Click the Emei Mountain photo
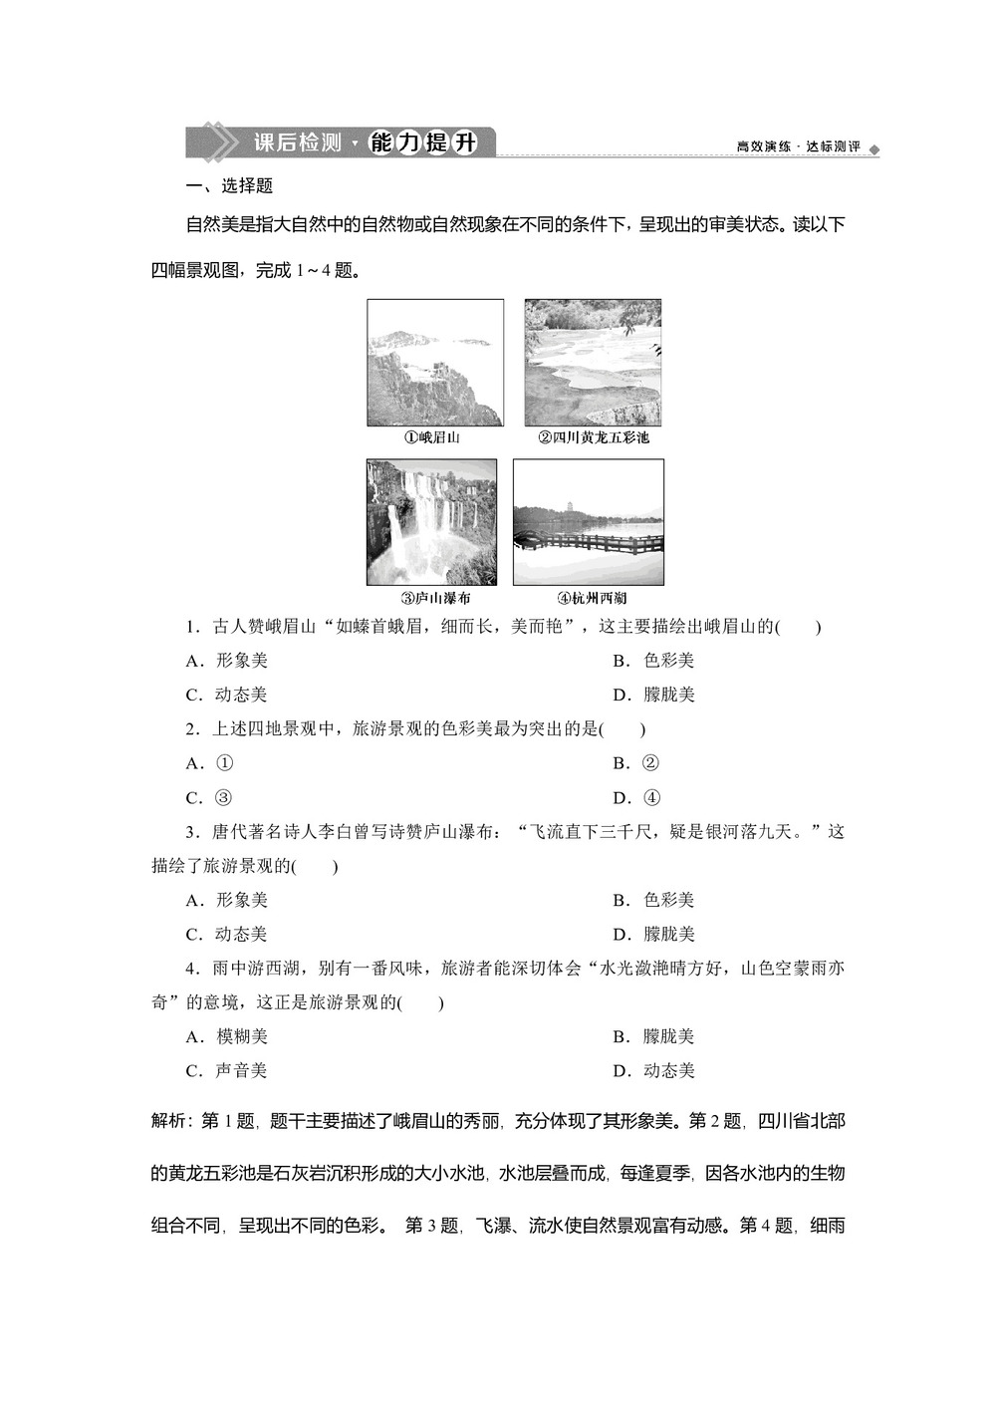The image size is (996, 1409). [x=435, y=363]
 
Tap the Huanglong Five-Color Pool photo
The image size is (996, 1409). [x=593, y=363]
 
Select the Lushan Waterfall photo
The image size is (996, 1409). [x=431, y=522]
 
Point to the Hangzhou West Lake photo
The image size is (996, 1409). [x=588, y=522]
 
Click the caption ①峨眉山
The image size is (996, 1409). [x=431, y=437]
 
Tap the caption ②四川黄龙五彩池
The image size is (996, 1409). [x=594, y=437]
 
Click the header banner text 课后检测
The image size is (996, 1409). [x=297, y=142]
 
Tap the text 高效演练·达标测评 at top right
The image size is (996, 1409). [x=798, y=146]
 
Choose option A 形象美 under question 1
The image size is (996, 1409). [x=228, y=661]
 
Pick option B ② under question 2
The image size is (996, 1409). [x=636, y=763]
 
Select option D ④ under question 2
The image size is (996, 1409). [x=636, y=797]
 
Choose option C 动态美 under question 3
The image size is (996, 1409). [x=228, y=934]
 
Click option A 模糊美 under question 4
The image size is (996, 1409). [x=228, y=1036]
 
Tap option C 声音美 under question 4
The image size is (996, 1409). [x=228, y=1070]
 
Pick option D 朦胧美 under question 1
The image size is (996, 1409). [x=654, y=695]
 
